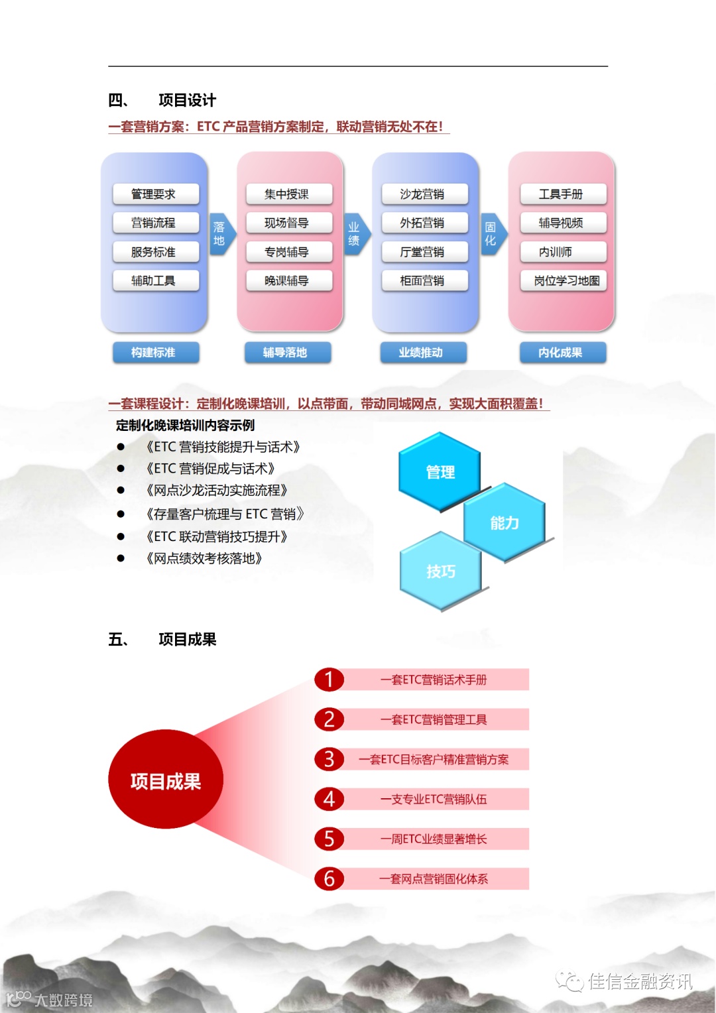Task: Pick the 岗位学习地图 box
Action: pyautogui.click(x=563, y=280)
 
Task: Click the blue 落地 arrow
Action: pyautogui.click(x=221, y=234)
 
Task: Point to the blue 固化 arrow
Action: pyautogui.click(x=492, y=234)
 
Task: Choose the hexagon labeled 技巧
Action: pyautogui.click(x=440, y=571)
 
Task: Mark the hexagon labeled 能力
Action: pyautogui.click(x=505, y=523)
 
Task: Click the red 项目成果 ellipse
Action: pyautogui.click(x=166, y=780)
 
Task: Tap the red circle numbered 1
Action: pyautogui.click(x=329, y=680)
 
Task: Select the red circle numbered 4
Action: pyautogui.click(x=329, y=799)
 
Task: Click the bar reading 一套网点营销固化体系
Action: pyautogui.click(x=434, y=878)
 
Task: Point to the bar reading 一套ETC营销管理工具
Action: pyautogui.click(x=434, y=719)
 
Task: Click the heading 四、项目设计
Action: pyautogui.click(x=162, y=100)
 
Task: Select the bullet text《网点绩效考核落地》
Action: pyautogui.click(x=204, y=558)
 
